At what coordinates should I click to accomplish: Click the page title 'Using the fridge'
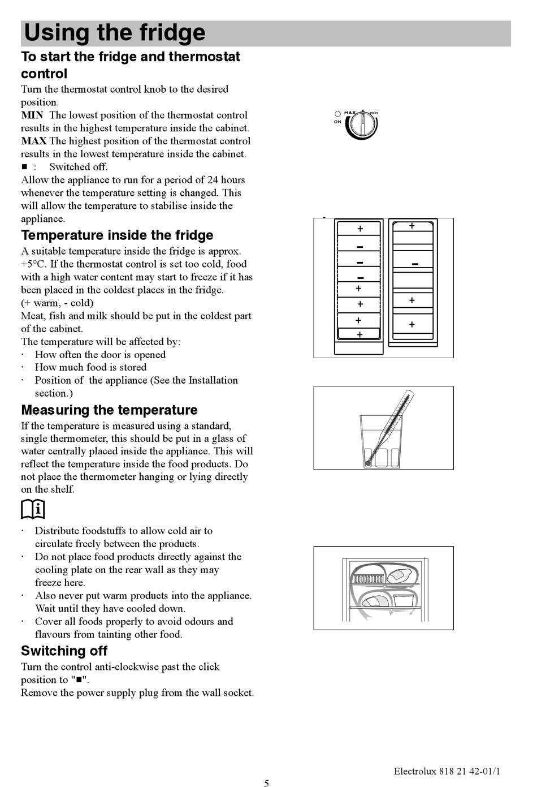point(114,33)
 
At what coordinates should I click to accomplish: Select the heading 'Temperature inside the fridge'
point(117,235)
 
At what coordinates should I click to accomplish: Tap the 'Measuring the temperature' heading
point(109,410)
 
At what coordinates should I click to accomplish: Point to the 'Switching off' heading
point(64,651)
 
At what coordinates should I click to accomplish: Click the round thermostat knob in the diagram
point(362,125)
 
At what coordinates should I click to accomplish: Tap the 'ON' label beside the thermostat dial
point(337,122)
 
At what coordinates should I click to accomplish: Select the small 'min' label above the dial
point(374,113)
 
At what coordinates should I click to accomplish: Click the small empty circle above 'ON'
point(337,114)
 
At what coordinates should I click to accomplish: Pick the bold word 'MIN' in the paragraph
point(32,115)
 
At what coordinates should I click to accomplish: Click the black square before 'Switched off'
point(24,167)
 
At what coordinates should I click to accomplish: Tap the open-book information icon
point(33,510)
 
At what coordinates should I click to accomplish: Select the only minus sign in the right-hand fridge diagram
point(415,264)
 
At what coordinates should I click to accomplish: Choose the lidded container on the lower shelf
point(403,599)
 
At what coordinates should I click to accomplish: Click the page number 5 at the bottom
point(266,783)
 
